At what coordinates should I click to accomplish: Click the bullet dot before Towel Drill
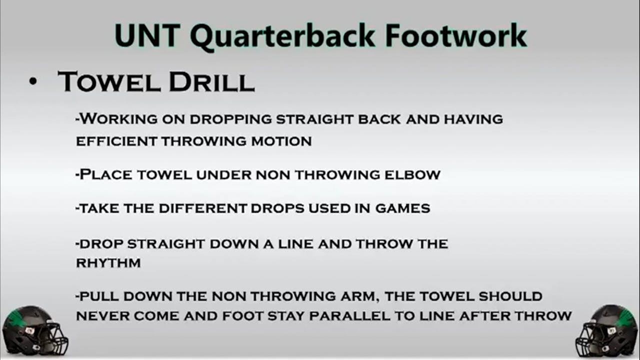[33, 82]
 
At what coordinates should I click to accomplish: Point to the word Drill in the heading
[211, 82]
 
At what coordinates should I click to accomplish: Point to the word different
[195, 208]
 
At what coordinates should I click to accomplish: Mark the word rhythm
[108, 263]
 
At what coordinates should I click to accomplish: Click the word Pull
[99, 296]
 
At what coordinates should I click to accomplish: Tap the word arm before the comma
[357, 296]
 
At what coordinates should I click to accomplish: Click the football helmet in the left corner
[34, 331]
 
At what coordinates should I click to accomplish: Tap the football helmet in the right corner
[606, 331]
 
